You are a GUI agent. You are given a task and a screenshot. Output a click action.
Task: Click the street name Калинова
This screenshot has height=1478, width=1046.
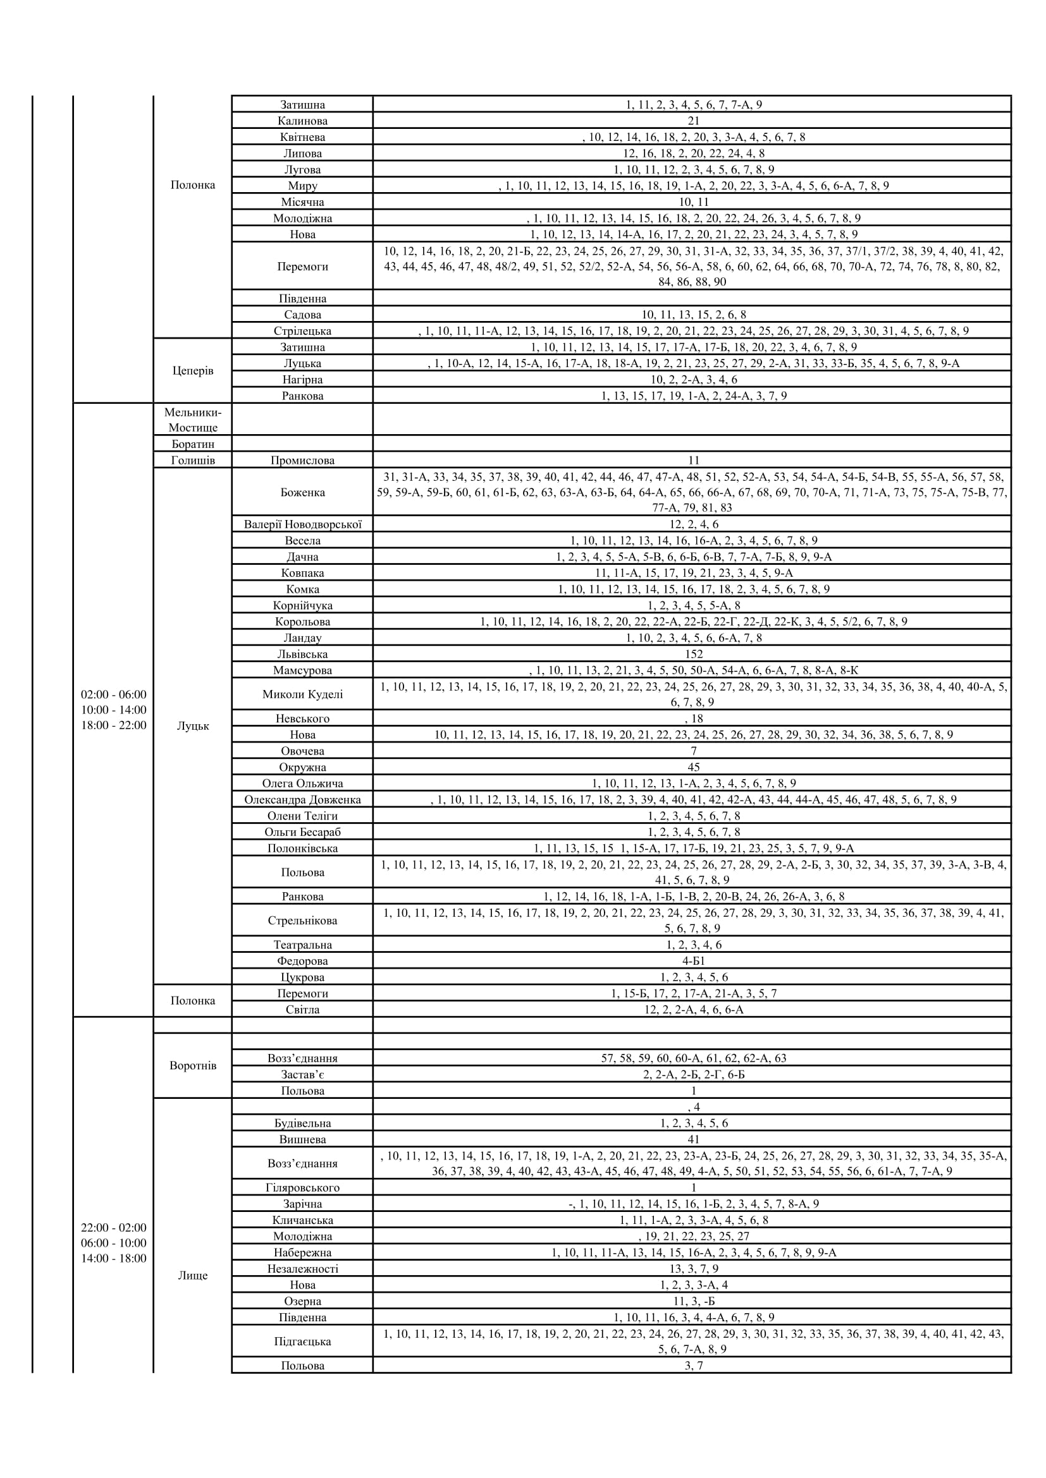302,121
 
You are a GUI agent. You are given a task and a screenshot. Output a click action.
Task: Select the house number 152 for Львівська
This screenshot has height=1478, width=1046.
693,654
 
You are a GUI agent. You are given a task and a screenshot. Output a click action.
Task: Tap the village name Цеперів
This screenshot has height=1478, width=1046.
193,371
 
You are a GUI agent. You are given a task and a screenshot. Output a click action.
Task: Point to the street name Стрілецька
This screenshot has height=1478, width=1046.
302,331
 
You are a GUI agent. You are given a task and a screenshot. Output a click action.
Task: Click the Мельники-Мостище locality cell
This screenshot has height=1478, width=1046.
193,420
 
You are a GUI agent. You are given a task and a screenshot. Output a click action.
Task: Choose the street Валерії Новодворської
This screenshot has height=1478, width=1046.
302,524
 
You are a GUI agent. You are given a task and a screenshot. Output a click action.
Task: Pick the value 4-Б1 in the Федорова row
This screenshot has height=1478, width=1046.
693,961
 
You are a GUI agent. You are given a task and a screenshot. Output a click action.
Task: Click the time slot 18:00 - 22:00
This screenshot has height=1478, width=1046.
113,725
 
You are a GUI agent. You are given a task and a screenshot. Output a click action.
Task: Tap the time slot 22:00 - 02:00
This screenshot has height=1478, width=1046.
113,1228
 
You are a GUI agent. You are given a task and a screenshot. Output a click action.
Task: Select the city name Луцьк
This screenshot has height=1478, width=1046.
193,726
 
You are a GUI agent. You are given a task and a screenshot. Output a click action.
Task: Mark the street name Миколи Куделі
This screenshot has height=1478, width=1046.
302,694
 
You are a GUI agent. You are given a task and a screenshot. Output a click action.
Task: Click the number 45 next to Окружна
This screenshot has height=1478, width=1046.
693,767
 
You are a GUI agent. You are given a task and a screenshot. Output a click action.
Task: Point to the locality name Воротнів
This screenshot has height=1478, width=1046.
193,1065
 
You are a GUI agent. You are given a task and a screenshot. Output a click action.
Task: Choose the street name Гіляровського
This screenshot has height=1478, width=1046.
302,1188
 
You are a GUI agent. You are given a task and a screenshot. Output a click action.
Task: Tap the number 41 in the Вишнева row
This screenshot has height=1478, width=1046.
693,1139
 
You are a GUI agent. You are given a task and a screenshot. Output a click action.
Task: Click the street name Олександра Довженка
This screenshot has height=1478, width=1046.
302,799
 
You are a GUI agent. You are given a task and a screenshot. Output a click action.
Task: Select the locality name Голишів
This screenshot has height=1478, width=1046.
193,460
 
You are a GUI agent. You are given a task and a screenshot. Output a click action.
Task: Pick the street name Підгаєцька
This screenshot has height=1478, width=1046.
302,1342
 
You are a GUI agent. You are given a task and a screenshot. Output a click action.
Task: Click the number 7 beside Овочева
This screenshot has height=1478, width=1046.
693,751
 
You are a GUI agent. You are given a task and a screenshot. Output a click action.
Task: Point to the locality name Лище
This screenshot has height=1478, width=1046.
193,1276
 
